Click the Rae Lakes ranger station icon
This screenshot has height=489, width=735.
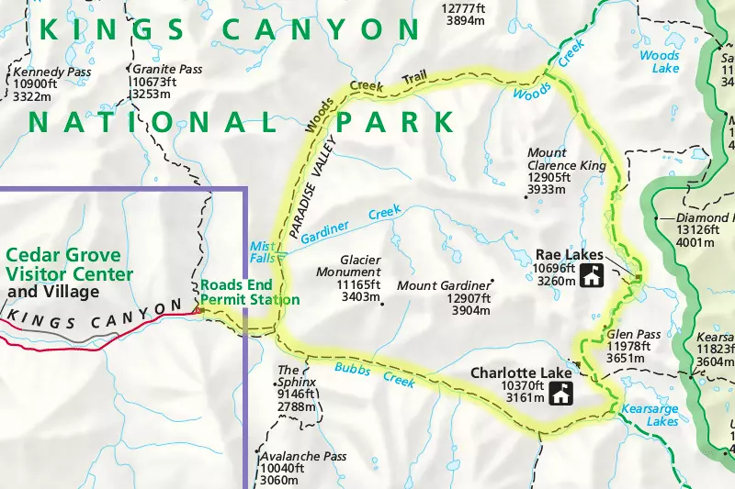(592, 274)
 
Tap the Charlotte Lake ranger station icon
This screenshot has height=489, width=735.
(561, 394)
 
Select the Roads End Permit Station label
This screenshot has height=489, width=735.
(249, 292)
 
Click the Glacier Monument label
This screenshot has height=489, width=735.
(347, 266)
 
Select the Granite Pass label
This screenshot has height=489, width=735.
(166, 69)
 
